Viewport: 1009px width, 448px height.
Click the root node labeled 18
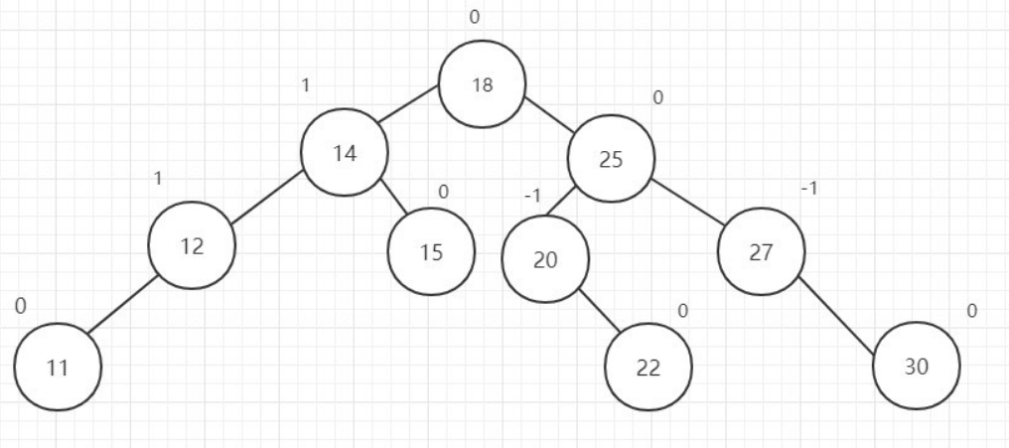483,83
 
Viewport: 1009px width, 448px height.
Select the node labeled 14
345,155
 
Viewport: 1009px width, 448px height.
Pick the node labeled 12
192,246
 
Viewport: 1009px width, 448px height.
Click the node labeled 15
431,252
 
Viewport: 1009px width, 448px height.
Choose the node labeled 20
545,260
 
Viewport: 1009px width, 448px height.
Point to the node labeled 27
762,251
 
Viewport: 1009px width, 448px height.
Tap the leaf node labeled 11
58,367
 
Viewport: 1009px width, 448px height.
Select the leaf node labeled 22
649,367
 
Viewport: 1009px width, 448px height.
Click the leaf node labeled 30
916,366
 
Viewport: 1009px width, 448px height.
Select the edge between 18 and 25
547,113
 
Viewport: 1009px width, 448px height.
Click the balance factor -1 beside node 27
808,189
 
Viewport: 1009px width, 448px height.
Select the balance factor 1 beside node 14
306,85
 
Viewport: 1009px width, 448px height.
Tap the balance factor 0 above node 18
475,17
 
